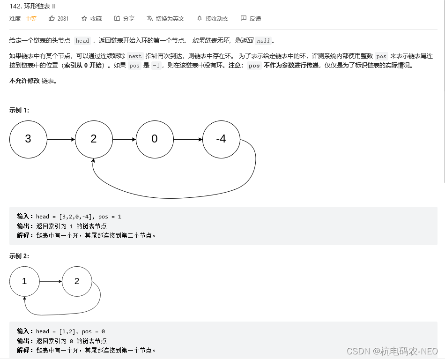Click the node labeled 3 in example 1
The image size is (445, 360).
[28, 139]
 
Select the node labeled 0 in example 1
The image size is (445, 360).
[155, 139]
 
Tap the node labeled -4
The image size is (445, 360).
[221, 139]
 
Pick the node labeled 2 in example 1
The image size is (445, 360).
[94, 139]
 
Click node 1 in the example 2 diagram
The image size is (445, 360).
[24, 281]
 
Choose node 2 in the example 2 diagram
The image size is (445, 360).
[77, 281]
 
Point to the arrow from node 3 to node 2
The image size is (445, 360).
[61, 139]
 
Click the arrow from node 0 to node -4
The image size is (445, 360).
[188, 139]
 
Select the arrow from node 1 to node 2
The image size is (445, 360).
[51, 281]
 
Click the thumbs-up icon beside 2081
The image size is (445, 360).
[52, 18]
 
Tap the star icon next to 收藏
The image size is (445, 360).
[84, 18]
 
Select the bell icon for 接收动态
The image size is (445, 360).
[200, 18]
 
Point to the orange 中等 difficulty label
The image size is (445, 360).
[31, 18]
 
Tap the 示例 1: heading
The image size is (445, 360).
[19, 110]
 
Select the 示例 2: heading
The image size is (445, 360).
[19, 256]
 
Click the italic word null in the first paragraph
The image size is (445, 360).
[263, 41]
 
